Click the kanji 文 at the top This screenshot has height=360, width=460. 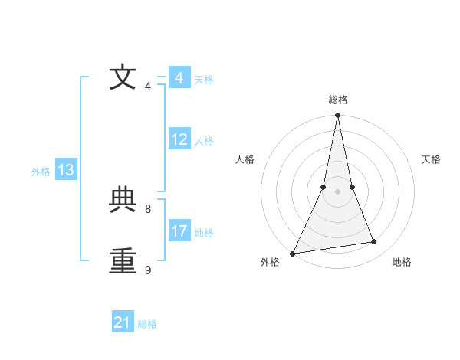click(123, 77)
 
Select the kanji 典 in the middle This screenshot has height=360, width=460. click(123, 200)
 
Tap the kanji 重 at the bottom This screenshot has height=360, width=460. click(123, 261)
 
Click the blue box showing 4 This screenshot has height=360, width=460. click(179, 78)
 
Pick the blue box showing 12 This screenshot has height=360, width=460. click(179, 139)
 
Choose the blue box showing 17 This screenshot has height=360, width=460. click(179, 231)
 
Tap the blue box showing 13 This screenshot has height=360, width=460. click(66, 170)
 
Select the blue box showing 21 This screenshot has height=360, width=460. click(123, 322)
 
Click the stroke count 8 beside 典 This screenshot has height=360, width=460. click(148, 208)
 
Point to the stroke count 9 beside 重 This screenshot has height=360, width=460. click(148, 270)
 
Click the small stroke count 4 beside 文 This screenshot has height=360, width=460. click(148, 86)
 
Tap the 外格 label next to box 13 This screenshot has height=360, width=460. click(41, 172)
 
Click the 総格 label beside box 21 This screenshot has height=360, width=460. click(147, 324)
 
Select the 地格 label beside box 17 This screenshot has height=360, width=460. click(204, 233)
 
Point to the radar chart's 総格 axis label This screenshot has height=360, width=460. click(337, 100)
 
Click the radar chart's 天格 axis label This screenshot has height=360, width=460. click(432, 159)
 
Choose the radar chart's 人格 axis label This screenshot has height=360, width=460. click(245, 159)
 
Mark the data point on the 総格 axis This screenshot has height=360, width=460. click(337, 116)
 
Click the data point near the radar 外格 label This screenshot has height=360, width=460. click(293, 253)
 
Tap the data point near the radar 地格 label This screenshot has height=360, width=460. click(374, 242)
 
